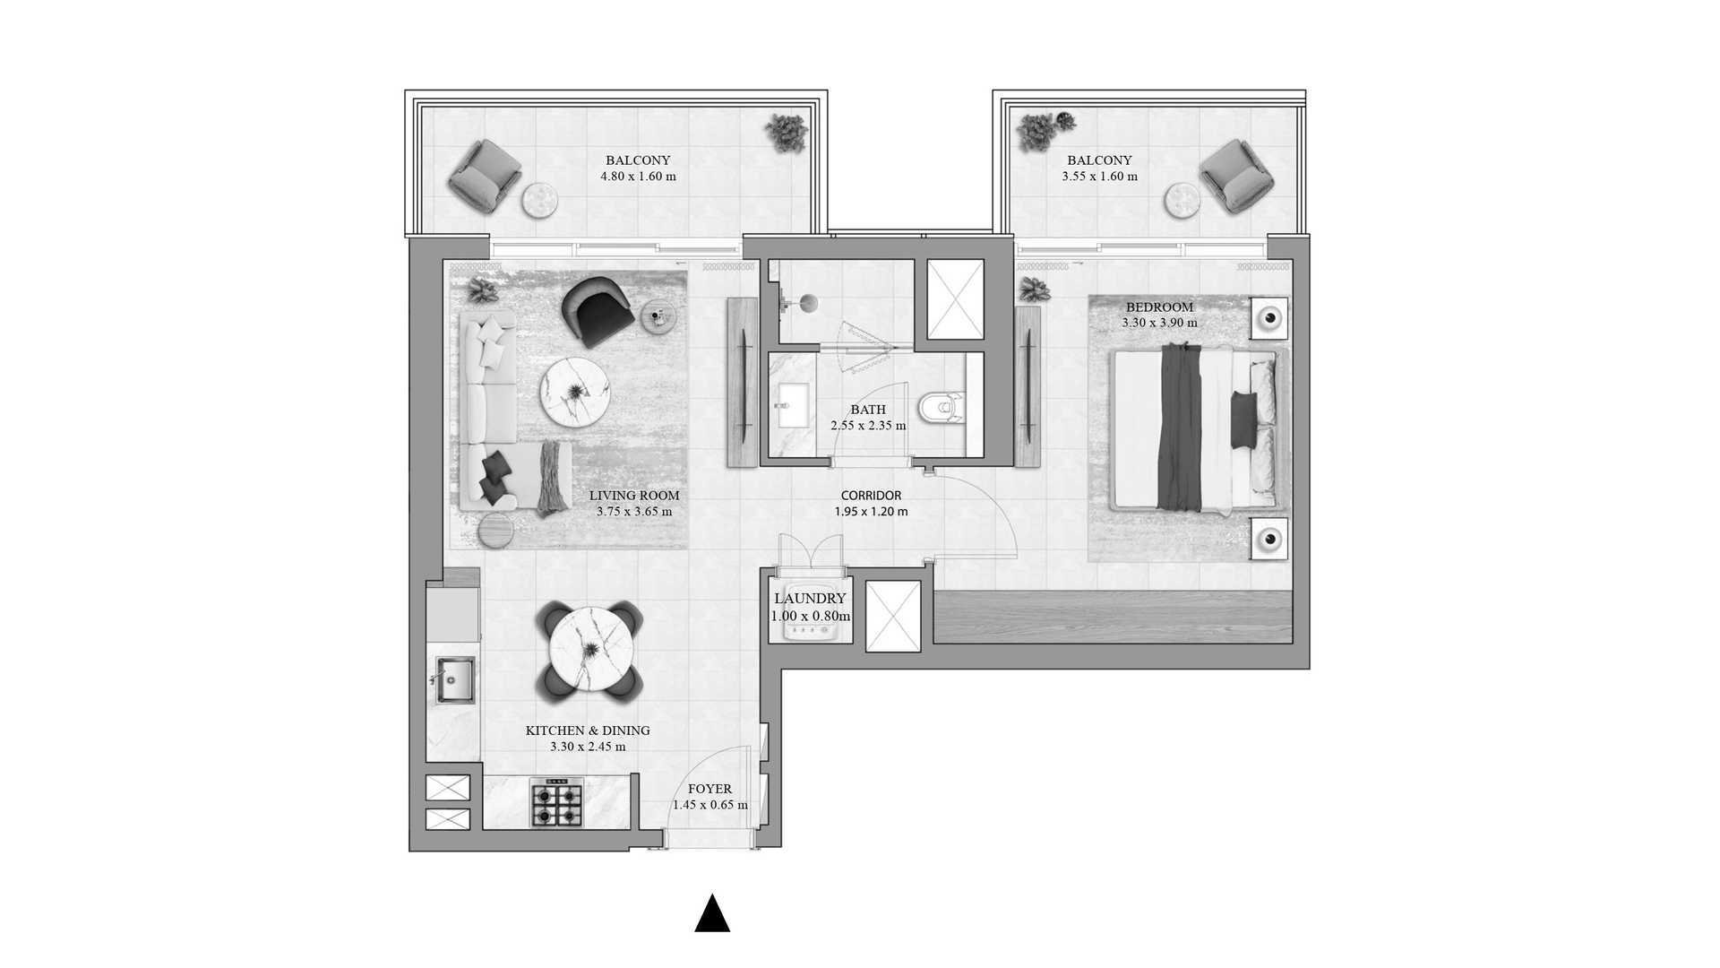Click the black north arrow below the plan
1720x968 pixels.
point(712,913)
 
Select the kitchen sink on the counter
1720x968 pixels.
point(454,680)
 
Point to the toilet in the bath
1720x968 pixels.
point(941,408)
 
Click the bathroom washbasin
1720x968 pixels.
point(795,406)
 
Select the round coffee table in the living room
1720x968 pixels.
point(575,392)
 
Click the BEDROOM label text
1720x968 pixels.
point(1159,307)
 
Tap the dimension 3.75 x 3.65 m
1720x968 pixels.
point(634,512)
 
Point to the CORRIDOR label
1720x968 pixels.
point(871,496)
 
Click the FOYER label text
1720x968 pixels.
point(709,790)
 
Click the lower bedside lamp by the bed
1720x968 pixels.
point(1269,540)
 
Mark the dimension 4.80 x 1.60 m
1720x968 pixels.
point(638,177)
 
